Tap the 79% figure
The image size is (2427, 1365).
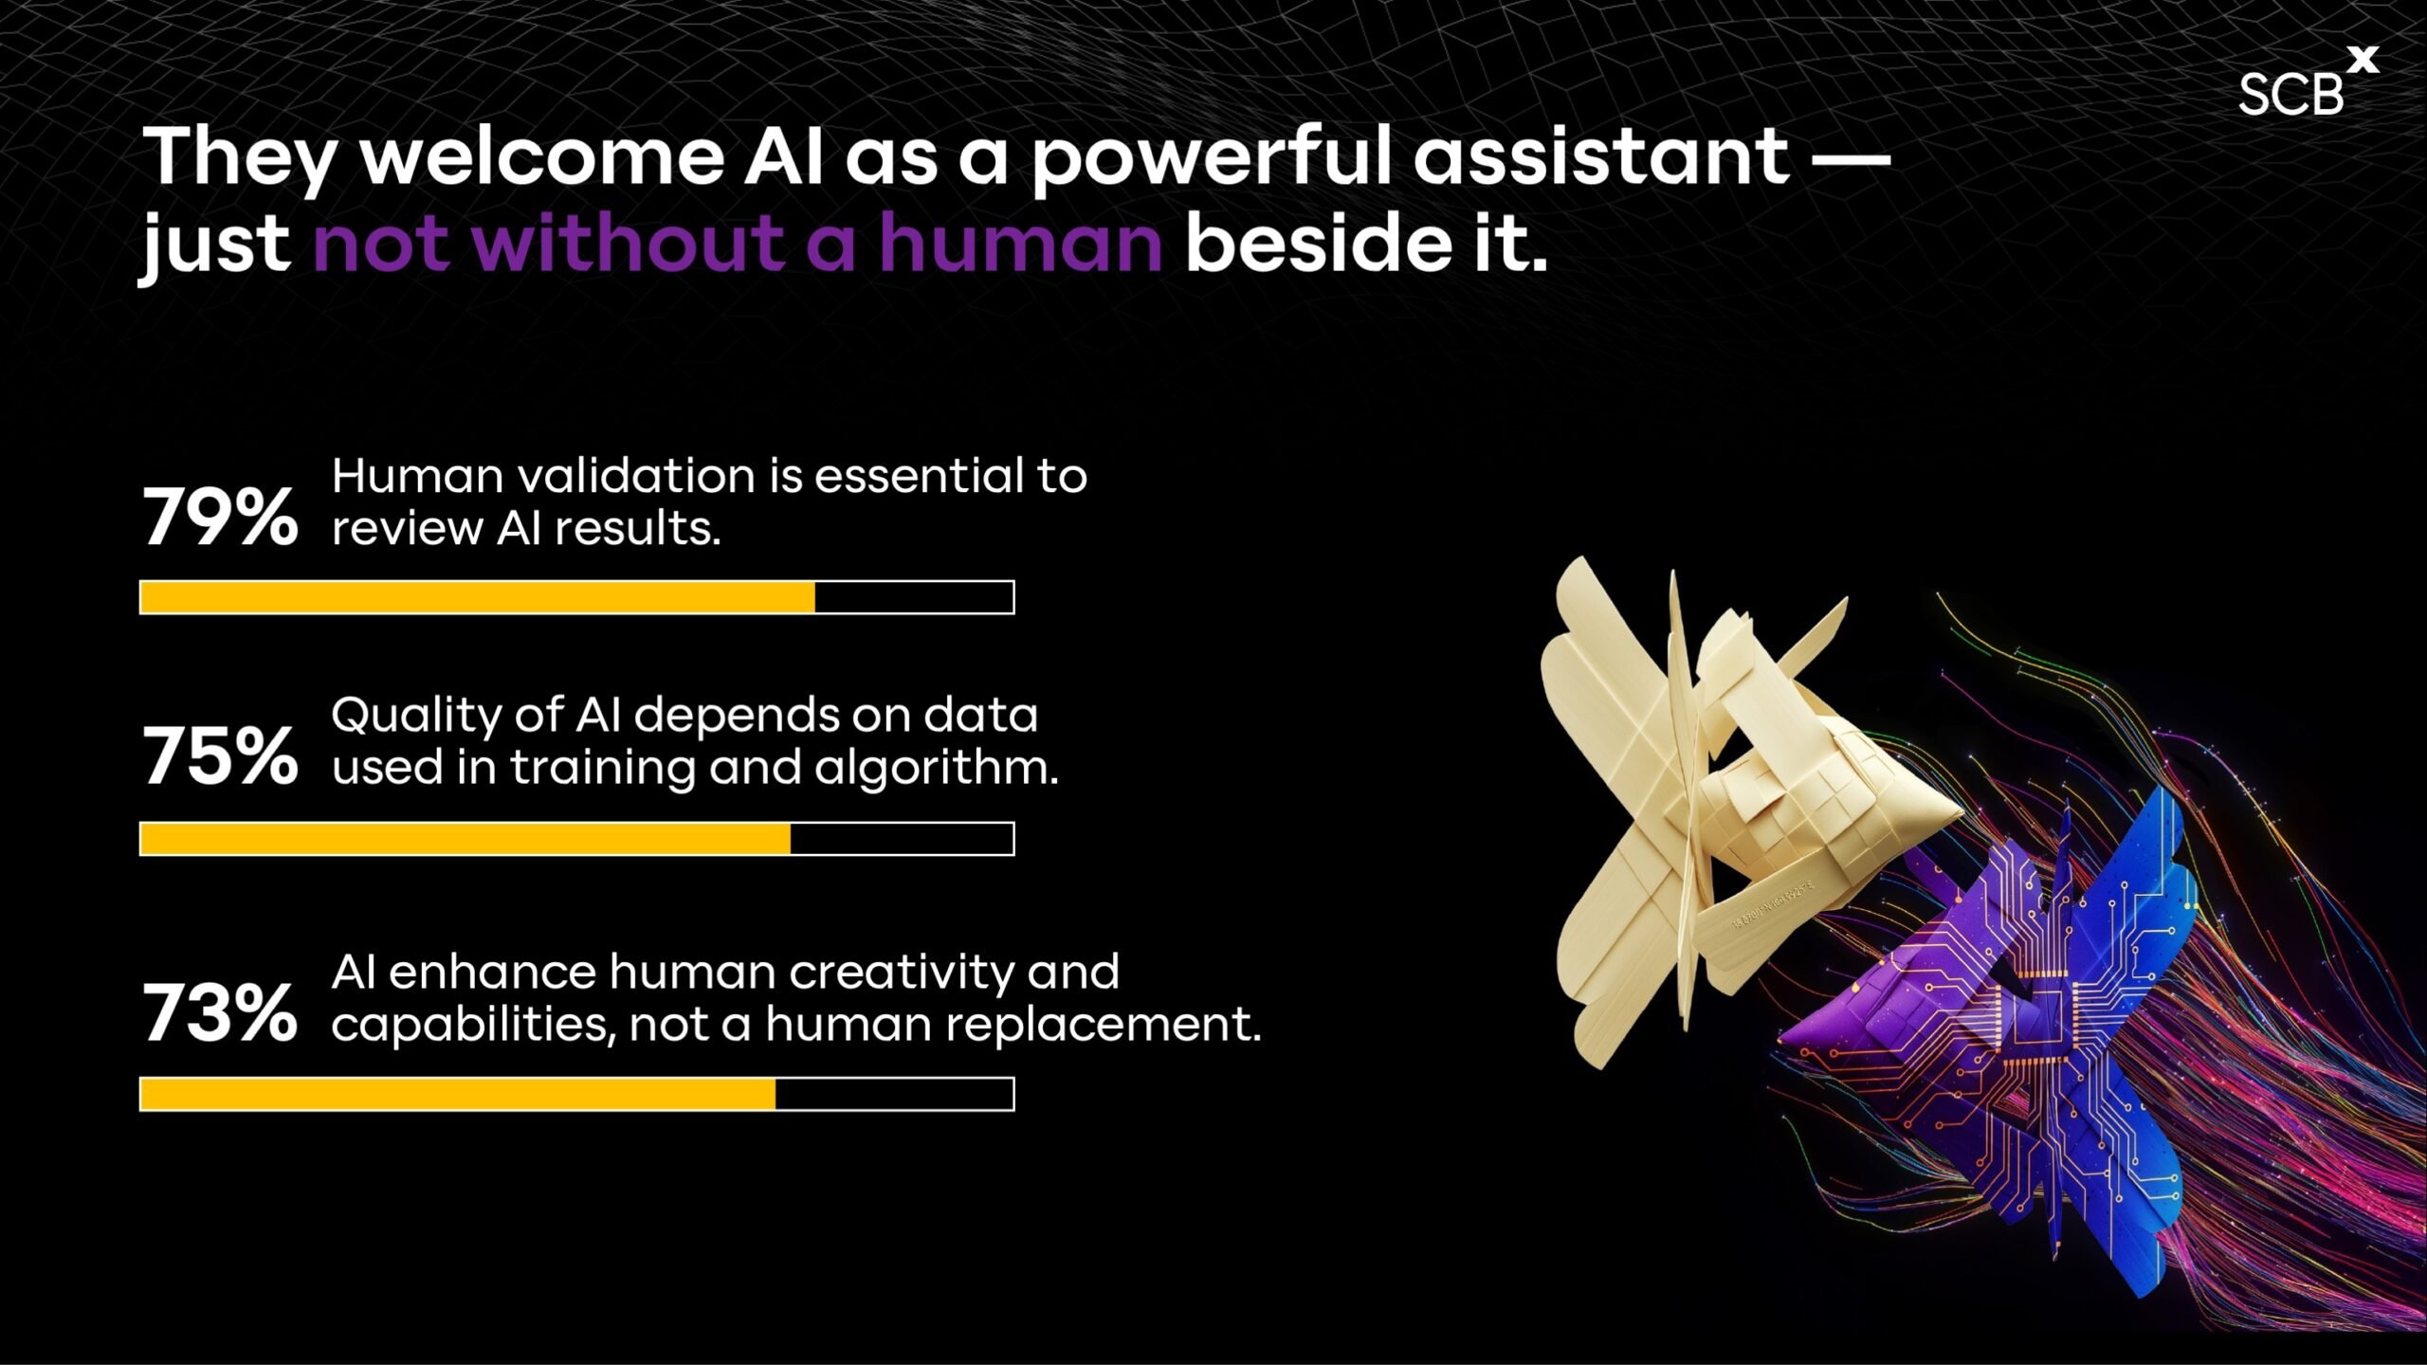tap(220, 518)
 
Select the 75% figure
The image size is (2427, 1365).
tap(220, 756)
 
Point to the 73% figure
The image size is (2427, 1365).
tap(220, 1013)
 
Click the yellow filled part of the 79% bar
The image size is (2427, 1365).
tap(478, 597)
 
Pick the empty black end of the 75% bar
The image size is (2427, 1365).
tap(902, 839)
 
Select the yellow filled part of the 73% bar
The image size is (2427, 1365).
tap(458, 1094)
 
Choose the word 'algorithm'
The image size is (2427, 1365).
tap(936, 767)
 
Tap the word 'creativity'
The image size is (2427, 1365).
tap(901, 974)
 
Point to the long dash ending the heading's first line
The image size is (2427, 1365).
tap(1852, 158)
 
